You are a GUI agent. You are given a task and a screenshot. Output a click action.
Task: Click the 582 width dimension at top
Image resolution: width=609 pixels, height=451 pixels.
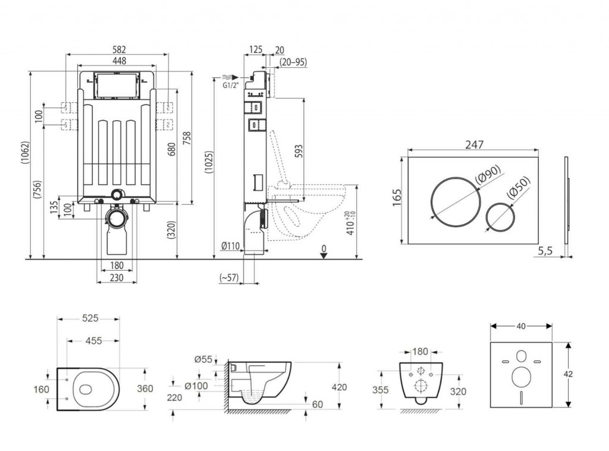click(x=118, y=49)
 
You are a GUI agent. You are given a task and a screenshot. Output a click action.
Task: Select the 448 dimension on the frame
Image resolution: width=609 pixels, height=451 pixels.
click(x=117, y=61)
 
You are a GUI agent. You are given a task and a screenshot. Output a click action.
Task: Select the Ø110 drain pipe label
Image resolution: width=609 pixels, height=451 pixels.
click(x=230, y=245)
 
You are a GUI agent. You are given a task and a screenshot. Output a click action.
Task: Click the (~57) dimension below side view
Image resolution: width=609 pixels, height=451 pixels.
click(x=229, y=277)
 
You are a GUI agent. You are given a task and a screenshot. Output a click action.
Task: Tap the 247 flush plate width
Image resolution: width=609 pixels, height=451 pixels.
click(x=474, y=145)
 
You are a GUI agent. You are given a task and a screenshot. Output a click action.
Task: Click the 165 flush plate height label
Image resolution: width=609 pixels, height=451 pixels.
click(x=397, y=198)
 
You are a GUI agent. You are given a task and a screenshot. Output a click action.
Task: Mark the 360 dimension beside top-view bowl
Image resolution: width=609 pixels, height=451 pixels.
click(x=145, y=389)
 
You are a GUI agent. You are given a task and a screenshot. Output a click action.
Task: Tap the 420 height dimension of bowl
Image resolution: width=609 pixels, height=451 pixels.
click(x=339, y=387)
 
